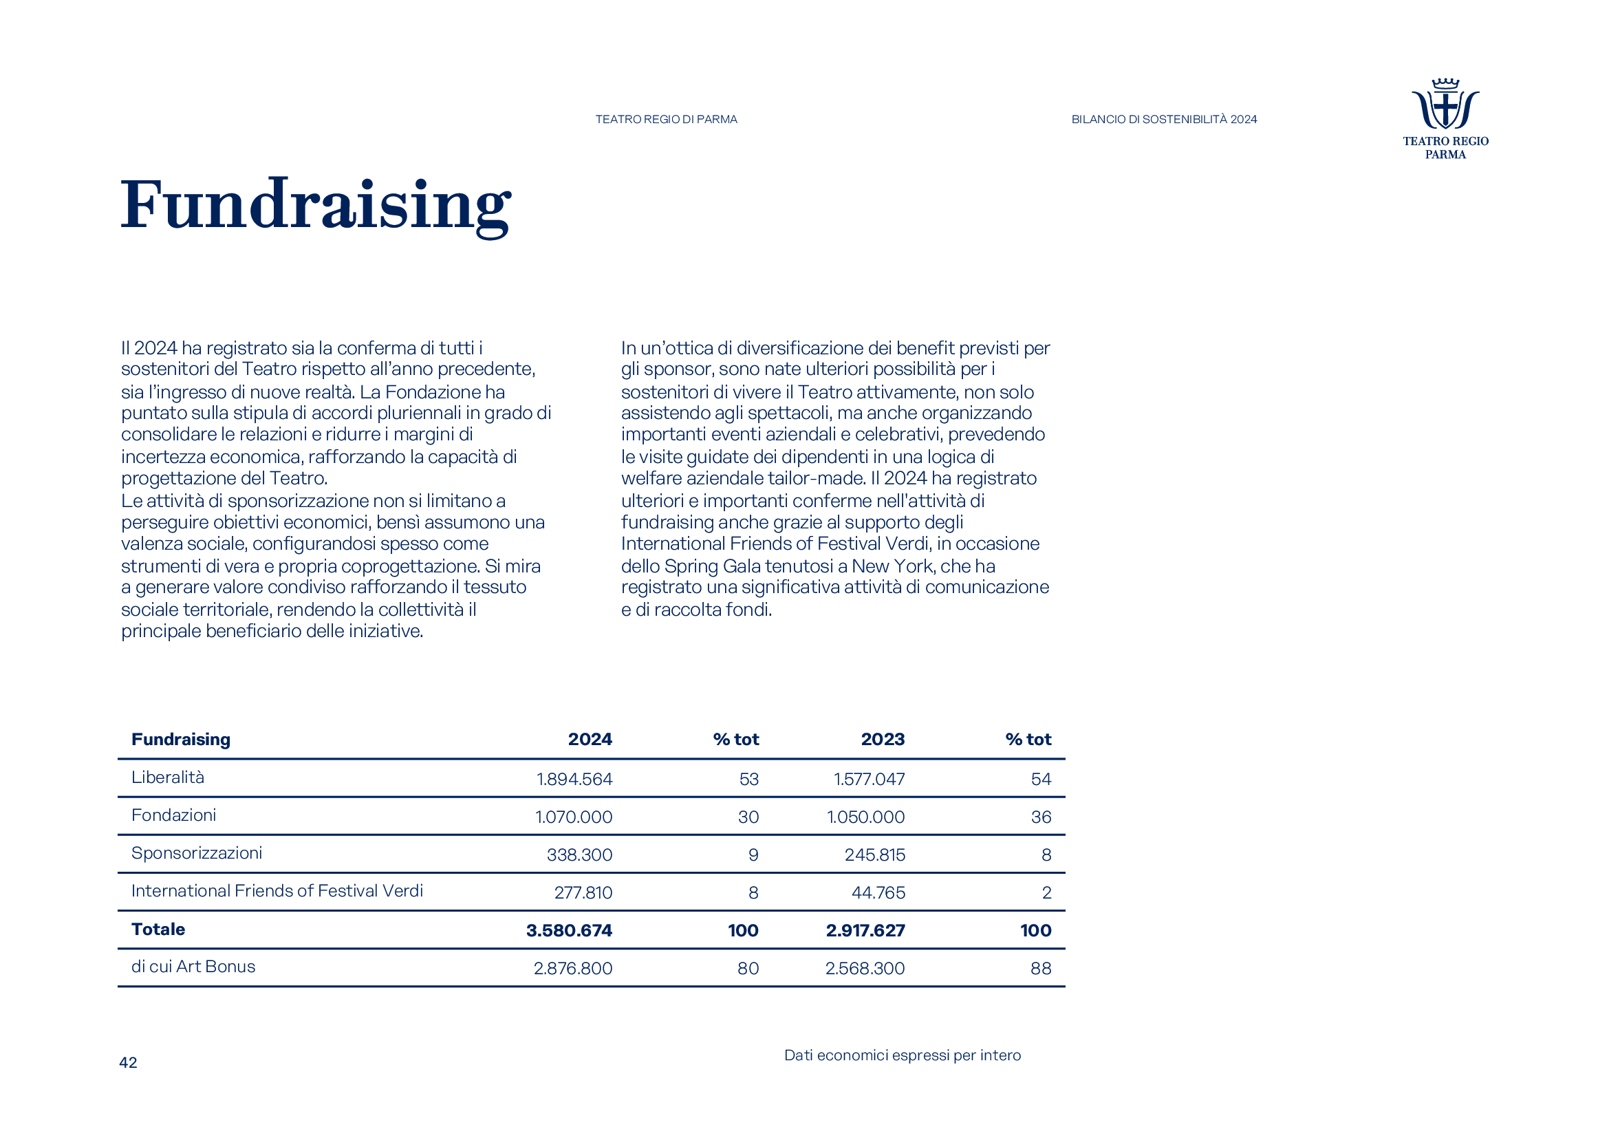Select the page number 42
point(128,1062)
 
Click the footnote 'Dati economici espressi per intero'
point(902,1055)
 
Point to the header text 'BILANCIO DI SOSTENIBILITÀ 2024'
point(1164,120)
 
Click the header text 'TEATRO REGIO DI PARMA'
point(666,120)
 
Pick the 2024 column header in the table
point(590,739)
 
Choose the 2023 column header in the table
point(883,739)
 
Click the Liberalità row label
point(167,777)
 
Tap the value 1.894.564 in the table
point(574,780)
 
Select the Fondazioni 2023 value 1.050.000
point(865,817)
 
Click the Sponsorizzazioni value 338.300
point(579,855)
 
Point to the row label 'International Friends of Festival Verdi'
point(277,890)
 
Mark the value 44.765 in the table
point(878,893)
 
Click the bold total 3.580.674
point(569,931)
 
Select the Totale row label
point(158,929)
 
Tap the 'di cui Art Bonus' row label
point(193,966)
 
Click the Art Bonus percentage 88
point(1041,969)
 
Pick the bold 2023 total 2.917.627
point(865,931)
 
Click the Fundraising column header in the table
point(181,739)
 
